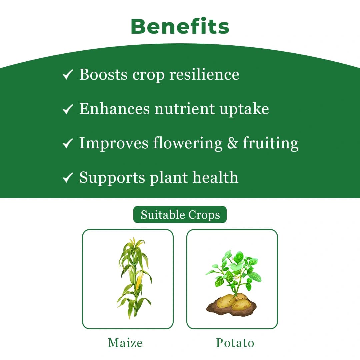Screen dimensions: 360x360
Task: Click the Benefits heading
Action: (x=180, y=26)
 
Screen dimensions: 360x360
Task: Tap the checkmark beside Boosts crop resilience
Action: (x=68, y=75)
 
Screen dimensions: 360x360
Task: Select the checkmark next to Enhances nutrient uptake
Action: (x=68, y=109)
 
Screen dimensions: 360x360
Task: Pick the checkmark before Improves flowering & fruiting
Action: (x=68, y=143)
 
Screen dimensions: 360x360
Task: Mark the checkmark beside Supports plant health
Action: (x=68, y=178)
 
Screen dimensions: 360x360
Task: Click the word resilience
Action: (x=204, y=74)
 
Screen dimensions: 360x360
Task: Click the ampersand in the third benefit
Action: (x=233, y=143)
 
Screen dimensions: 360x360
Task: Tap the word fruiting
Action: (x=270, y=143)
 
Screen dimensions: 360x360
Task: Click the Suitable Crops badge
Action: (x=180, y=215)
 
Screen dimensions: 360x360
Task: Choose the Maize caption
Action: (x=125, y=343)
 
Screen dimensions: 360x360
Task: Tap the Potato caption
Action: (x=235, y=343)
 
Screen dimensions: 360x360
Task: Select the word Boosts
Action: (x=103, y=74)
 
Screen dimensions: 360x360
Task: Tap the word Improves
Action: (x=114, y=143)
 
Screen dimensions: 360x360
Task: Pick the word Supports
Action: (x=112, y=178)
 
